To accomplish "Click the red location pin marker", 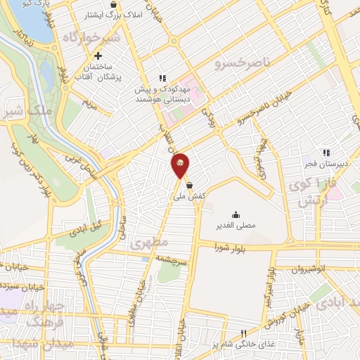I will [x=181, y=165].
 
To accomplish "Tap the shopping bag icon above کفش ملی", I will [x=189, y=186].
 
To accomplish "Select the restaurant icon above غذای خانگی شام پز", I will [x=243, y=333].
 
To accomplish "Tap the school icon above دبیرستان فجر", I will [x=326, y=153].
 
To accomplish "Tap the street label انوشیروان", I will [x=309, y=268].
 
